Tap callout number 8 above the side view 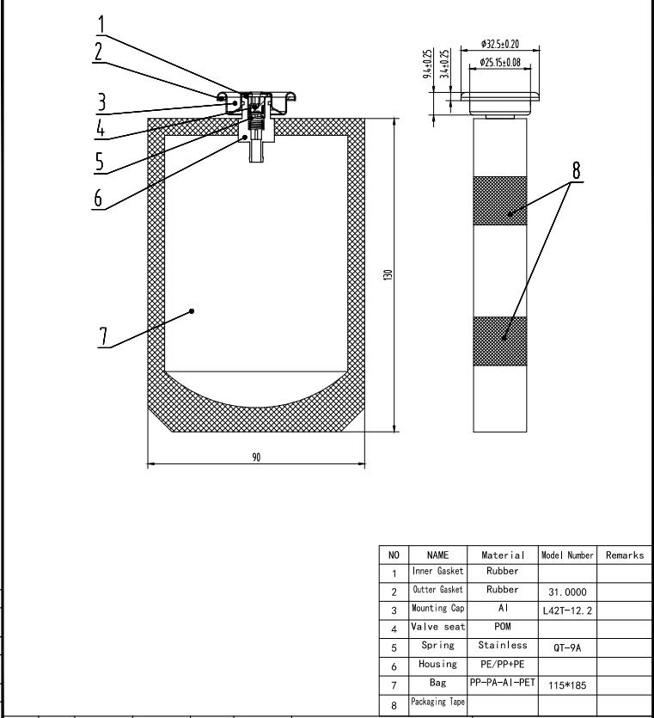(577, 170)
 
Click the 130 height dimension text (388, 274)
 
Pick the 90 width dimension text (256, 457)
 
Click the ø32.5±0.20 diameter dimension (500, 44)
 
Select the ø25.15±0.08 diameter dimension (500, 62)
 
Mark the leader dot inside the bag (193, 311)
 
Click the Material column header (503, 555)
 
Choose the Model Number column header (566, 555)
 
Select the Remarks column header (624, 555)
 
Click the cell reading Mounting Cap (437, 608)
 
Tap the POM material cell (503, 626)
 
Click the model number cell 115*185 (566, 684)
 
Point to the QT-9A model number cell (566, 647)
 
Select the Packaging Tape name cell (437, 702)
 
